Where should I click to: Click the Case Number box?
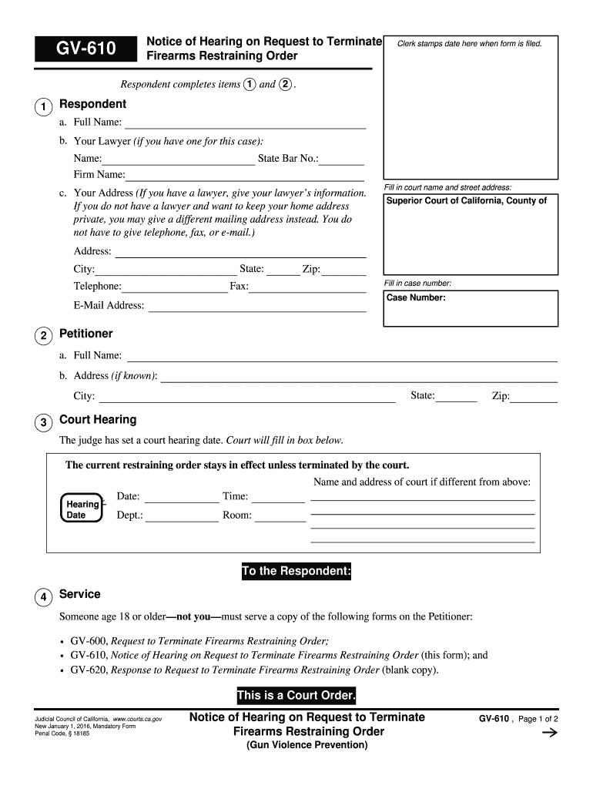471,308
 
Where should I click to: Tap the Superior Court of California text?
467,201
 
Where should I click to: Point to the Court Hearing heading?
98,420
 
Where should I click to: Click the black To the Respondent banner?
296,572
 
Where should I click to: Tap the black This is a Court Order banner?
296,696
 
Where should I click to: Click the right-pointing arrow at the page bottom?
550,733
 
